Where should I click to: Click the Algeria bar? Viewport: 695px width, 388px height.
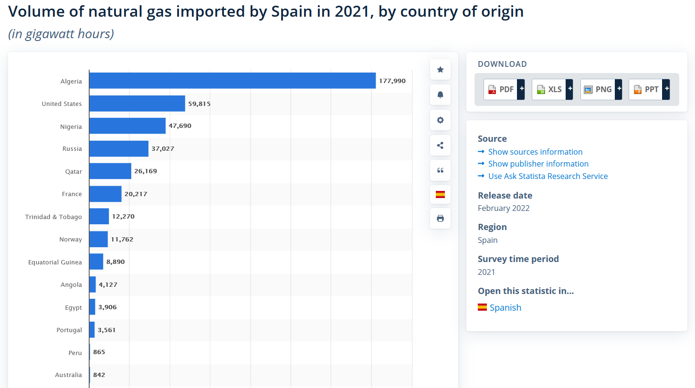232,81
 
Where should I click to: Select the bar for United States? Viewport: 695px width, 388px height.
137,104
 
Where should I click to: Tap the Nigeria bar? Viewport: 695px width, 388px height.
127,126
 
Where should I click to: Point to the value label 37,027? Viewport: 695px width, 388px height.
163,149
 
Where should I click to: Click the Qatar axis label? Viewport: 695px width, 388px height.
74,171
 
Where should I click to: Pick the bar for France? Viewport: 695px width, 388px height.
105,194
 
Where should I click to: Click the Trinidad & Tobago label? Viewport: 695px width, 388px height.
53,217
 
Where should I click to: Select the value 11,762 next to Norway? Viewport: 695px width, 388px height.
122,240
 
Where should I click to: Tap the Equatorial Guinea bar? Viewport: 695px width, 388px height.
96,262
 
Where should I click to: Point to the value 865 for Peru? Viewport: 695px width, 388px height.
99,352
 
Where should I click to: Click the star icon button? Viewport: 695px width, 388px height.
440,70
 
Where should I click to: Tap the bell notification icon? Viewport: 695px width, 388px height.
440,95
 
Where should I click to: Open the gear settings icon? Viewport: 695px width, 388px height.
440,120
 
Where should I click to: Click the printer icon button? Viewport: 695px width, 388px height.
440,219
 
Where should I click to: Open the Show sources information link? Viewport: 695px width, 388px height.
535,152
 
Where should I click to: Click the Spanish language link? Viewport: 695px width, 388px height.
505,308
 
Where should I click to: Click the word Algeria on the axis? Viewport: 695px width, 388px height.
71,82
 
